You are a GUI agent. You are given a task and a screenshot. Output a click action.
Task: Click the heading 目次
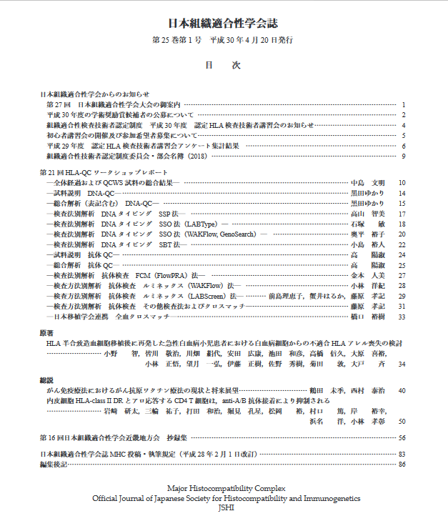(x=224, y=65)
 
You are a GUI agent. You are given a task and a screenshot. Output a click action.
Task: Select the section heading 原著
(x=46, y=333)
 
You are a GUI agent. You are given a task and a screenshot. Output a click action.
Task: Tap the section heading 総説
(x=46, y=381)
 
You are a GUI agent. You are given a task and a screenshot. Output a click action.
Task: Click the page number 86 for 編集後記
(x=402, y=465)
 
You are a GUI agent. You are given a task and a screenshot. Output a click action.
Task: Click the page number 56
(x=402, y=437)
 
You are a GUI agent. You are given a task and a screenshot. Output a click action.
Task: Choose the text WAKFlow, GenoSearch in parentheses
(x=221, y=234)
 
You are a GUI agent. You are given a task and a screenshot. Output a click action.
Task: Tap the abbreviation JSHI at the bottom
(x=224, y=507)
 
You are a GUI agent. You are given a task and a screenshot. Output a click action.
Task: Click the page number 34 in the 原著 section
(x=402, y=364)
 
